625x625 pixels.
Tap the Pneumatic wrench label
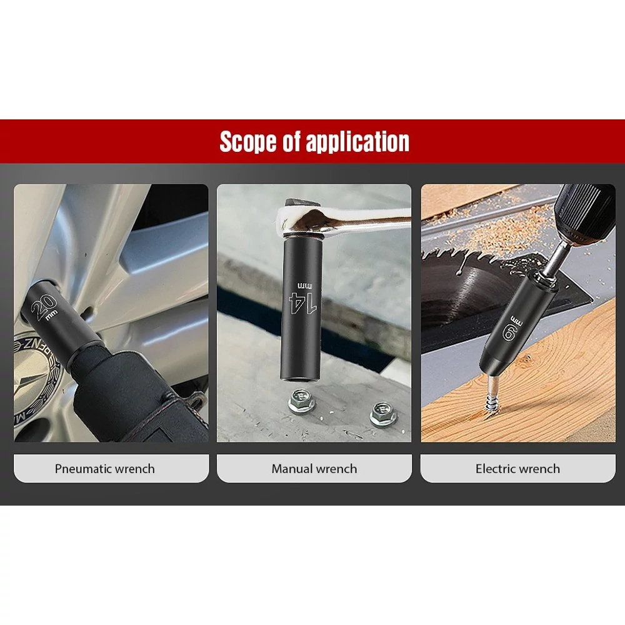click(105, 468)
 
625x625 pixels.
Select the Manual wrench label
click(314, 468)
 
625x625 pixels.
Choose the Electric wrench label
click(517, 468)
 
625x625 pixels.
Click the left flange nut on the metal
click(301, 400)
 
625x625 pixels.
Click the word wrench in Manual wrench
click(337, 469)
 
